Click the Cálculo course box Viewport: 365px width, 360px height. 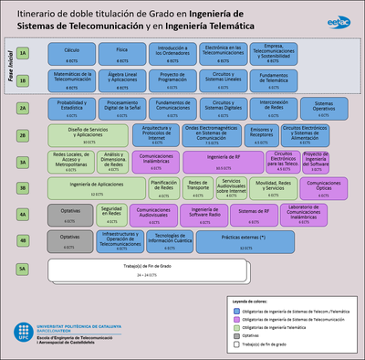point(71,53)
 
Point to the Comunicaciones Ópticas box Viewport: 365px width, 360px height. point(324,188)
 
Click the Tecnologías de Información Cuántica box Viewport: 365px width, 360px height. point(172,241)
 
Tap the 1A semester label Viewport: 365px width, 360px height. point(22,53)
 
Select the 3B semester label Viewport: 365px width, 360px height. point(22,188)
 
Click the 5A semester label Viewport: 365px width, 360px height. point(22,270)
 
